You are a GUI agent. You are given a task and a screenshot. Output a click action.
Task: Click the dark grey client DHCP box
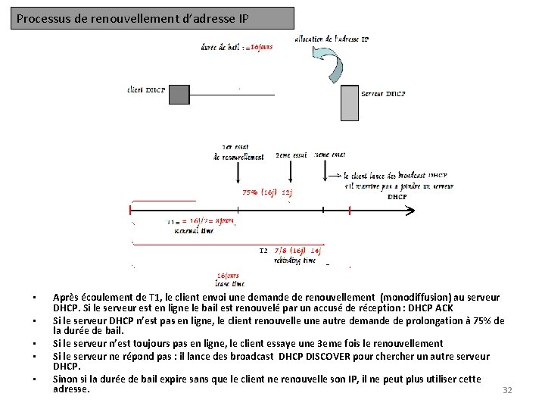click(179, 95)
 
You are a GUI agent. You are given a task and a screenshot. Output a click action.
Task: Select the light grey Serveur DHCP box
click(349, 103)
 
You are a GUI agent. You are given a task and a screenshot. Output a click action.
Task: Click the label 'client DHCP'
click(146, 90)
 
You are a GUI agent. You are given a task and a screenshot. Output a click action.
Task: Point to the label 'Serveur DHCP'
click(384, 94)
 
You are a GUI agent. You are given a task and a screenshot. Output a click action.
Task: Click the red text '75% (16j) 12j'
click(266, 192)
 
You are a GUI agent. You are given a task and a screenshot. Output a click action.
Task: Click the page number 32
click(507, 390)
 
